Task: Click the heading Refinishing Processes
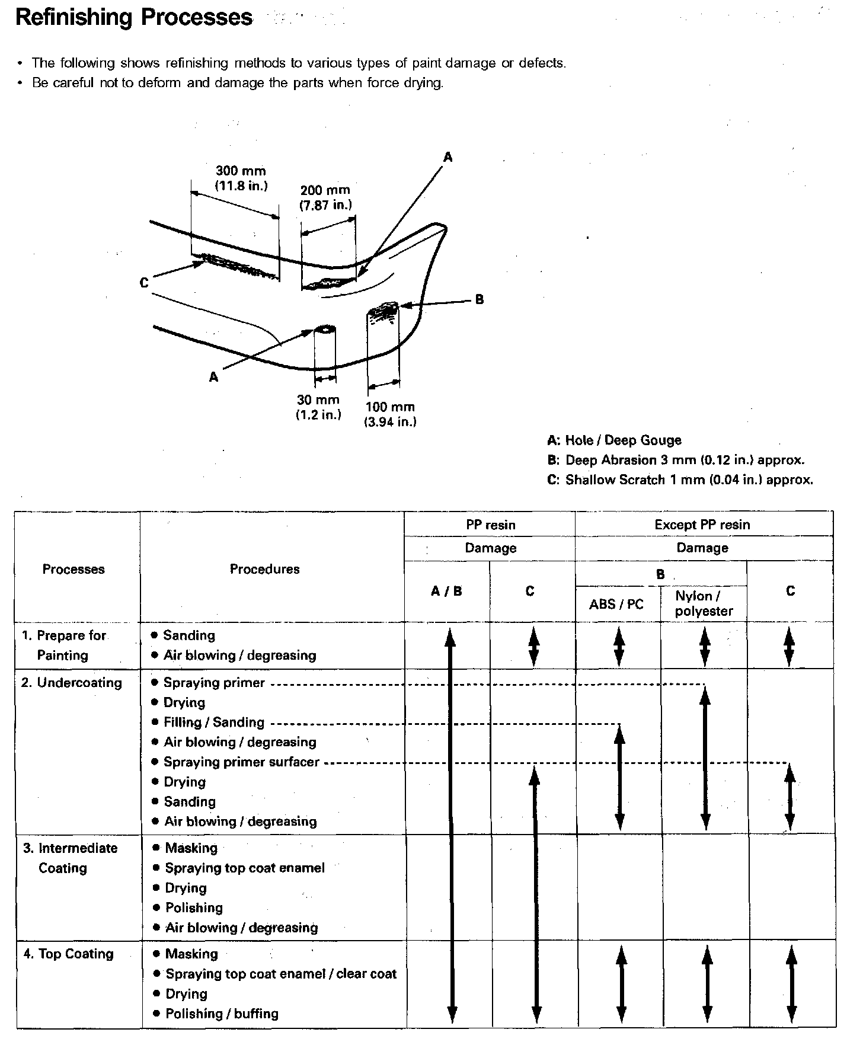click(134, 18)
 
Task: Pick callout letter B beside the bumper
click(480, 300)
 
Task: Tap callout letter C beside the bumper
click(144, 283)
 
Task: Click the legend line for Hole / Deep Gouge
click(614, 440)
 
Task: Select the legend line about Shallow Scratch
click(680, 480)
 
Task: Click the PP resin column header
click(490, 525)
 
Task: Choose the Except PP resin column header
click(702, 525)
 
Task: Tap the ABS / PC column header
click(616, 605)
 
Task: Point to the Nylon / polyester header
click(704, 604)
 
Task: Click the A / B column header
click(446, 591)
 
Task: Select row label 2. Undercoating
click(72, 683)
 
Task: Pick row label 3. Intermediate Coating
click(70, 858)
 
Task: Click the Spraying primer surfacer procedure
click(241, 762)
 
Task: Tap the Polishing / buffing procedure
click(222, 1014)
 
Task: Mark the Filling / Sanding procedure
click(213, 723)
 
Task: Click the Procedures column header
click(264, 570)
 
